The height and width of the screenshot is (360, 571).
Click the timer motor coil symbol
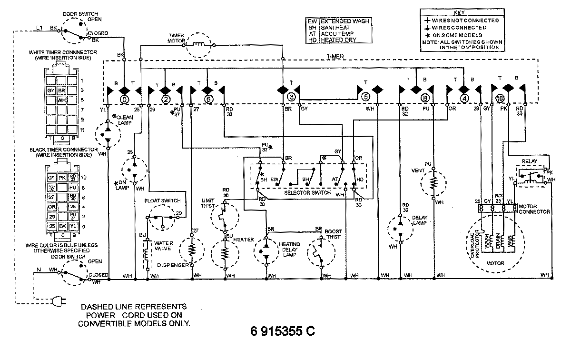(199, 45)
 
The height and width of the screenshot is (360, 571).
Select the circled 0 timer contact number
(124, 100)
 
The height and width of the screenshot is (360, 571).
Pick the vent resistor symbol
(433, 182)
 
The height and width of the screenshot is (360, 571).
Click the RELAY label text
(530, 161)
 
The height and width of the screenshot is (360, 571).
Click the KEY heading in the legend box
(460, 12)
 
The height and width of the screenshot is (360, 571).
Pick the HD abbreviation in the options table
(312, 40)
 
